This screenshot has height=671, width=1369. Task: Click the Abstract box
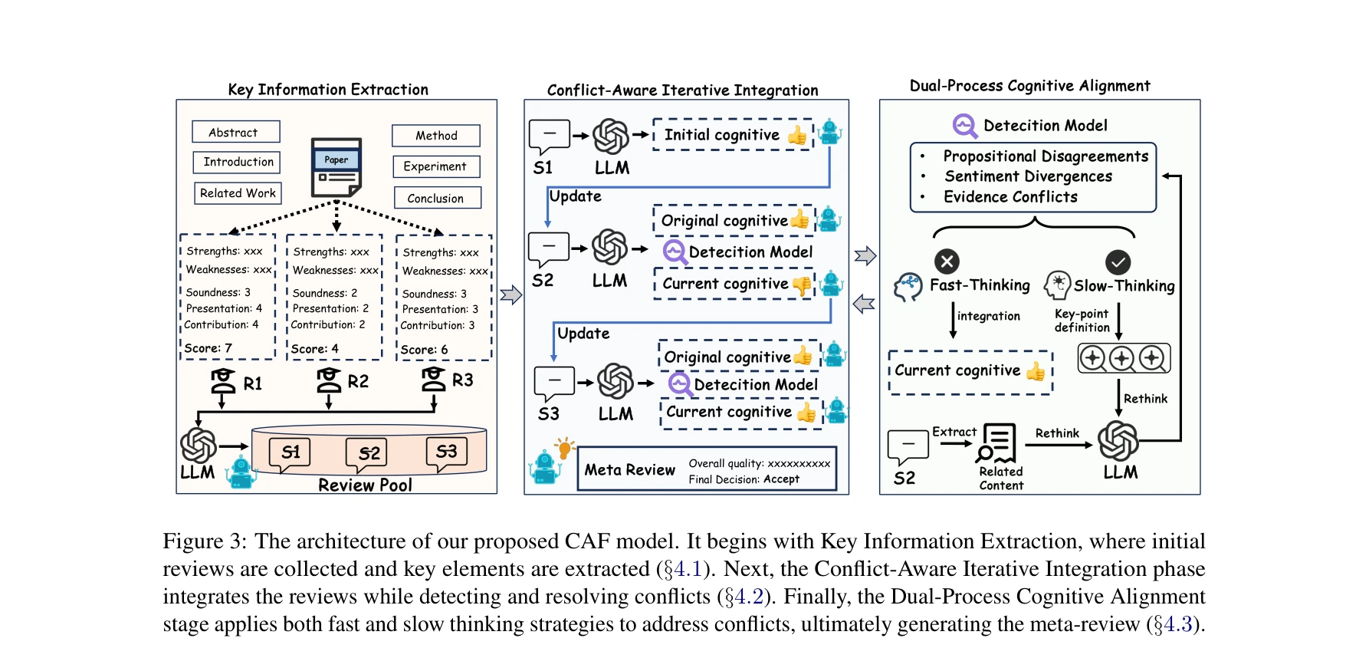point(235,132)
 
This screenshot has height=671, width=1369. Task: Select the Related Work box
point(238,193)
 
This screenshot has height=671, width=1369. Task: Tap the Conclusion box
point(437,198)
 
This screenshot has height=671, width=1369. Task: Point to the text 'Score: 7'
point(208,348)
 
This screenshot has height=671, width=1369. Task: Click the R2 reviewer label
point(358,381)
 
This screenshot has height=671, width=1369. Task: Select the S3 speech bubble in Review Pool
point(446,452)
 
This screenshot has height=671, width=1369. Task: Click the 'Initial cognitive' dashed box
point(732,135)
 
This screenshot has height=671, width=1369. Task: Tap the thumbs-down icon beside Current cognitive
point(802,285)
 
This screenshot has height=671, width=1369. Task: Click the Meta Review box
point(706,469)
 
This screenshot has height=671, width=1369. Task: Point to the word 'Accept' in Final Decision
point(781,479)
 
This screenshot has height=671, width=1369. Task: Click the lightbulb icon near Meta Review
point(565,447)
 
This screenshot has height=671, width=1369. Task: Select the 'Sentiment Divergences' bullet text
point(1028,176)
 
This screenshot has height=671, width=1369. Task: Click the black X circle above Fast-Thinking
point(947,261)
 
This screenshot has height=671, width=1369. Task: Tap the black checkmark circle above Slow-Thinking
point(1118,262)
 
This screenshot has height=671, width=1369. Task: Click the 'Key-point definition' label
point(1082,321)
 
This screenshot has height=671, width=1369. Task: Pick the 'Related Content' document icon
point(997,442)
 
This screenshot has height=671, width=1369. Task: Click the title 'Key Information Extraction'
point(328,90)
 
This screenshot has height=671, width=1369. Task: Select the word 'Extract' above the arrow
point(954,432)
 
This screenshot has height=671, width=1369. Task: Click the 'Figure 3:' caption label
point(205,541)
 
